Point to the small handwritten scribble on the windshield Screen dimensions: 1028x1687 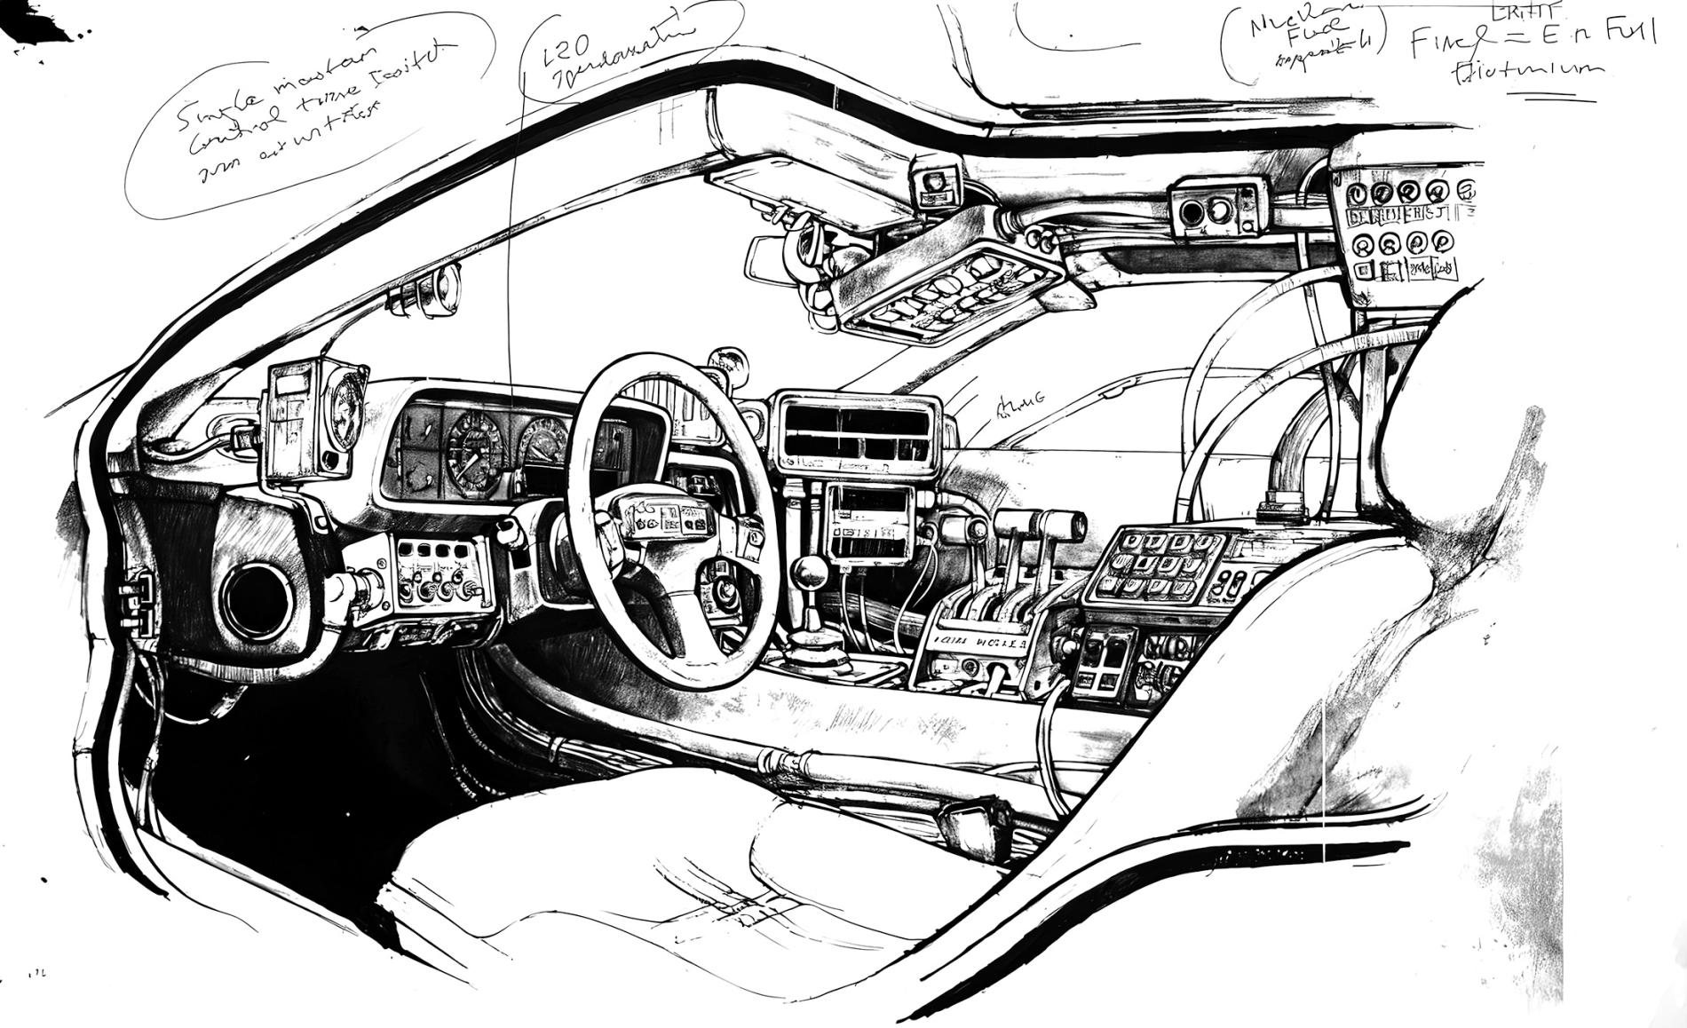(x=1019, y=407)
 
